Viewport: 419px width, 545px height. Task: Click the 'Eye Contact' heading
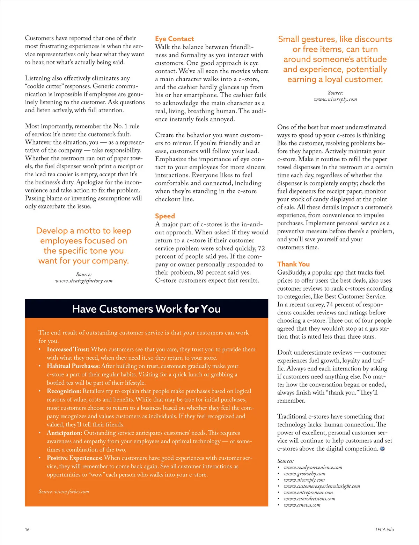coord(174,39)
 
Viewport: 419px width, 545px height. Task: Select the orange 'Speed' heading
coord(165,216)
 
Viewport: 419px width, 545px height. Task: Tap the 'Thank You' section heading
coord(293,264)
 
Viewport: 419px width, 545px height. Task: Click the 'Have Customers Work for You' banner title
coord(146,309)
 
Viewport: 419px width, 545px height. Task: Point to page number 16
coord(27,529)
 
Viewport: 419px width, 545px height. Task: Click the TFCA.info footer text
coord(384,529)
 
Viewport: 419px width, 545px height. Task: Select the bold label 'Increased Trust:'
coord(68,349)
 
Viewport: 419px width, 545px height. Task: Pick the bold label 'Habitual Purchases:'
coord(73,366)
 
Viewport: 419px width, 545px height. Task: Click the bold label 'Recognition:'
coord(64,391)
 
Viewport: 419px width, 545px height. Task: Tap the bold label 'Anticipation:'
coord(65,433)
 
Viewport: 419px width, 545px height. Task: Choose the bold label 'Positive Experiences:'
coord(75,458)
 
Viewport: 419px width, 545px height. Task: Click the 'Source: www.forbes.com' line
coord(64,491)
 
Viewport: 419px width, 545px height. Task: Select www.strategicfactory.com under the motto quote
coord(84,281)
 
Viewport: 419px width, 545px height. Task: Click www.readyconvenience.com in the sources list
coord(313,467)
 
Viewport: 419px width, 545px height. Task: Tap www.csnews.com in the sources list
coord(302,505)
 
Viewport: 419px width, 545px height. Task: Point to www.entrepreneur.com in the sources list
coord(308,492)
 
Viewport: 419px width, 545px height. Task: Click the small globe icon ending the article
coord(382,449)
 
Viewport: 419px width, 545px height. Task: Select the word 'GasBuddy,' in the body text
coord(292,272)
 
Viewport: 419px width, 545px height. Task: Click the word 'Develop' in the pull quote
coord(52,231)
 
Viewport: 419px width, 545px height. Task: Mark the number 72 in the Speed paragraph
coord(261,248)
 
